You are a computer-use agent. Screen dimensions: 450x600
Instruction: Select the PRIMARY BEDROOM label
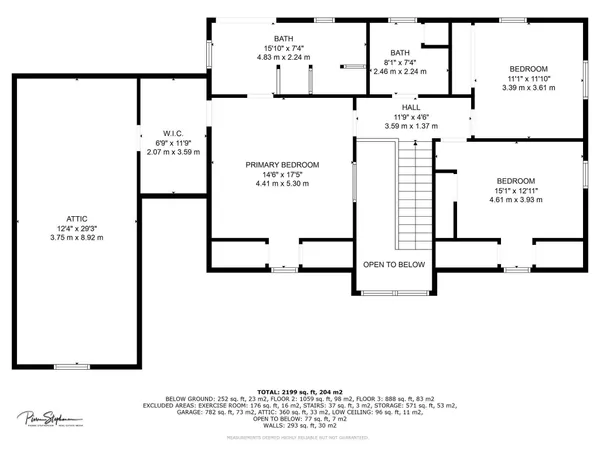click(x=282, y=164)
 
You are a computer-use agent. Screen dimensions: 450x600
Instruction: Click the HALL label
click(x=411, y=107)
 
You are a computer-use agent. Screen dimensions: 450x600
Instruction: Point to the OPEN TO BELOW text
click(x=394, y=264)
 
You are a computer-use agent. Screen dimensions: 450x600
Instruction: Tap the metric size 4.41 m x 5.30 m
click(x=282, y=184)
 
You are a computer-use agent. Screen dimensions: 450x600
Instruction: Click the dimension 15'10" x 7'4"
click(x=284, y=47)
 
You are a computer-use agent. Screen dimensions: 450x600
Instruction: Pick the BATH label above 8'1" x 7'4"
click(x=400, y=53)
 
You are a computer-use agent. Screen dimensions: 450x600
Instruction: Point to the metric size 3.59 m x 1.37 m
click(x=411, y=126)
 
